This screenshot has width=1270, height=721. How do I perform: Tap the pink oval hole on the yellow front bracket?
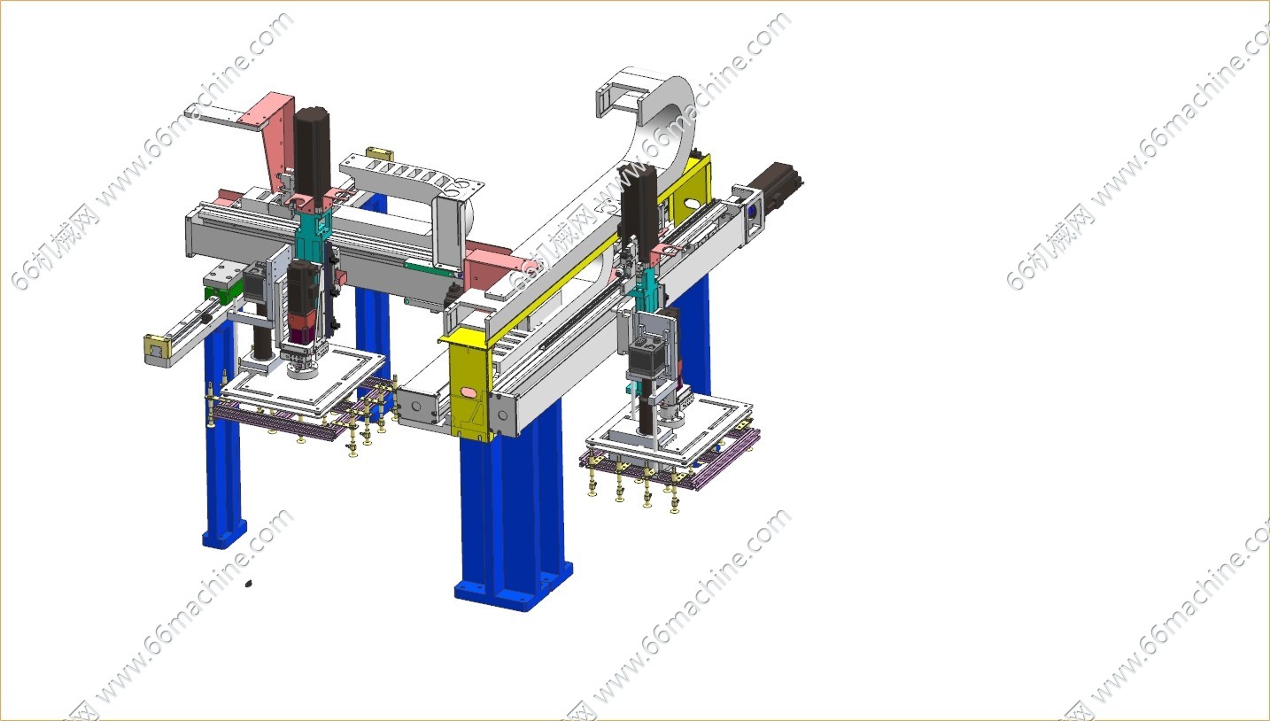469,392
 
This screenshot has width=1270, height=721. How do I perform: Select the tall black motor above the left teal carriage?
313,151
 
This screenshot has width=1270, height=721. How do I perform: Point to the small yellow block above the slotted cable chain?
379,153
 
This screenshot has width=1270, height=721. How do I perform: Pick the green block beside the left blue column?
218,293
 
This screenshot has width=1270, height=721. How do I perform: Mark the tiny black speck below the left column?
248,583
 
